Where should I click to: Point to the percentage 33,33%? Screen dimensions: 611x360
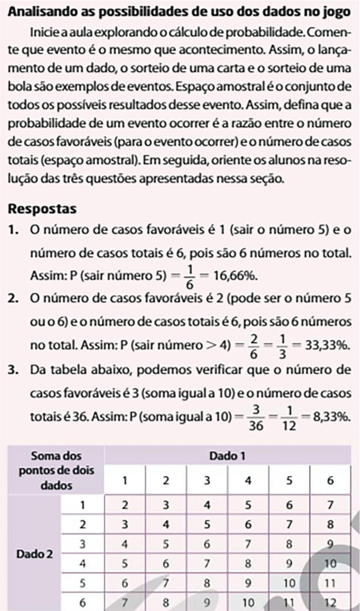(325, 344)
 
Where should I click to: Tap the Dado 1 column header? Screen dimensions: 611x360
(227, 456)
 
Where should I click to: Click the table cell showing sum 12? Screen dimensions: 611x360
(331, 602)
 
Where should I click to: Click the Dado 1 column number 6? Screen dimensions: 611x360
(331, 481)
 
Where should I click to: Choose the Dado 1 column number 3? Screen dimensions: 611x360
(207, 481)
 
